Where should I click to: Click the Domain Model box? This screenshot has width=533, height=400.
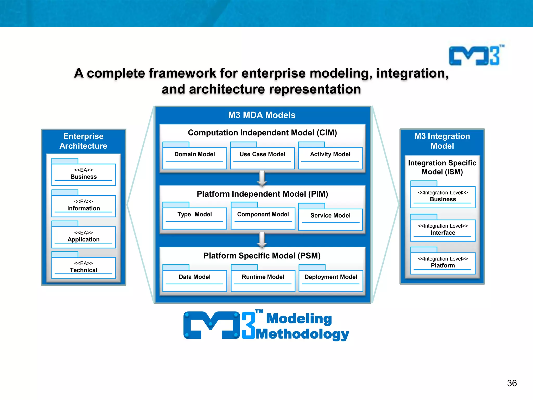pyautogui.click(x=195, y=158)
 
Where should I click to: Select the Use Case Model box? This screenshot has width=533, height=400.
pyautogui.click(x=262, y=158)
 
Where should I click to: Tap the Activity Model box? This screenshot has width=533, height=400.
pyautogui.click(x=330, y=158)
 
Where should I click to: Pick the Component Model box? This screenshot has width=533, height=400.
pyautogui.click(x=263, y=218)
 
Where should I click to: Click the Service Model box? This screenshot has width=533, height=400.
pyautogui.click(x=331, y=219)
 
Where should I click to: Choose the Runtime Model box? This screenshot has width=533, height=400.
pyautogui.click(x=263, y=280)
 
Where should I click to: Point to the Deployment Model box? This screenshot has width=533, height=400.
pyautogui.click(x=331, y=280)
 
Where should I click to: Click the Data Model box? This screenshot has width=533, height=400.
pyautogui.click(x=195, y=280)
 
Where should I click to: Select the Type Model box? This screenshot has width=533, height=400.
pyautogui.click(x=195, y=218)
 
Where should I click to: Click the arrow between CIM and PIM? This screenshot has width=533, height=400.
pyautogui.click(x=262, y=179)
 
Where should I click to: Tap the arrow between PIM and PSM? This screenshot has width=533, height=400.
pyautogui.click(x=262, y=240)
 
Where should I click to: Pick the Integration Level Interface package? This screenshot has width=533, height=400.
pyautogui.click(x=443, y=230)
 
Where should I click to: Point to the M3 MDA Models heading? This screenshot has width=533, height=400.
pyautogui.click(x=262, y=115)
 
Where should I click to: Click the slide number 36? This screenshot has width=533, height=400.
pyautogui.click(x=512, y=383)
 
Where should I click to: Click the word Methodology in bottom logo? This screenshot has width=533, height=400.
pyautogui.click(x=302, y=334)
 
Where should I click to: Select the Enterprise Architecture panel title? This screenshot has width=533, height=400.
pyautogui.click(x=84, y=141)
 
